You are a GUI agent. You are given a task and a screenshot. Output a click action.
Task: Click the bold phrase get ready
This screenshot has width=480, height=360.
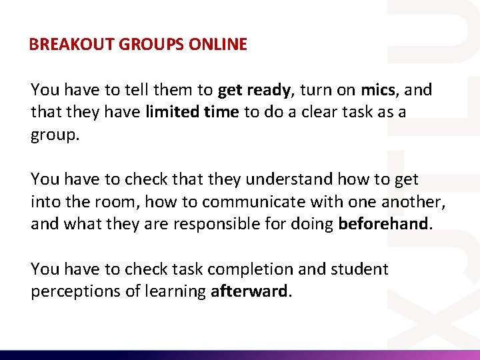(x=264, y=90)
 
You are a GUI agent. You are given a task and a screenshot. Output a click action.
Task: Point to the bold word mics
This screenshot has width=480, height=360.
(x=378, y=89)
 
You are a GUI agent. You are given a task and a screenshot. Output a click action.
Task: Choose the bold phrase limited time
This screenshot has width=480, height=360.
(x=192, y=112)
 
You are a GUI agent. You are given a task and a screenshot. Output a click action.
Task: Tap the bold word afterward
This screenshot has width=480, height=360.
(x=250, y=291)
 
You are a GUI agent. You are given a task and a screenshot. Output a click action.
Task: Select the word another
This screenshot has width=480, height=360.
(x=413, y=201)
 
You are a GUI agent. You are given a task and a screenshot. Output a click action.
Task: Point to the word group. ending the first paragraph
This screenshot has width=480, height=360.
(x=55, y=135)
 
